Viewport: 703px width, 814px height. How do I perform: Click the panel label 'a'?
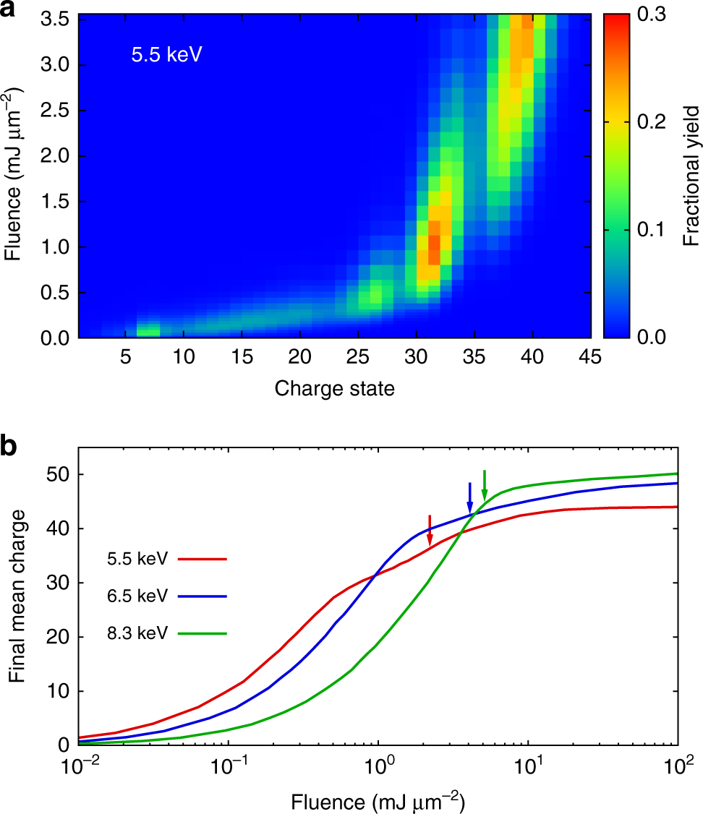coord(11,12)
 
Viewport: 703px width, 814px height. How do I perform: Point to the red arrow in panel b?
coord(430,531)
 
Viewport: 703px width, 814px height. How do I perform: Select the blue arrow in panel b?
coord(470,499)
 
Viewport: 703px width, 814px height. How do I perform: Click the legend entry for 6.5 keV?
coord(135,596)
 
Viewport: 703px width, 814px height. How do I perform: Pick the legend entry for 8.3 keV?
coord(135,633)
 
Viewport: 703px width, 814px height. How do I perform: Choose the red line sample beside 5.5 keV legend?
coord(205,559)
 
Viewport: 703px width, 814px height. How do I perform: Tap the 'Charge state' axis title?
coord(334,389)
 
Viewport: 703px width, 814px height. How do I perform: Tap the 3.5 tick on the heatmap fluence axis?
coord(56,20)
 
